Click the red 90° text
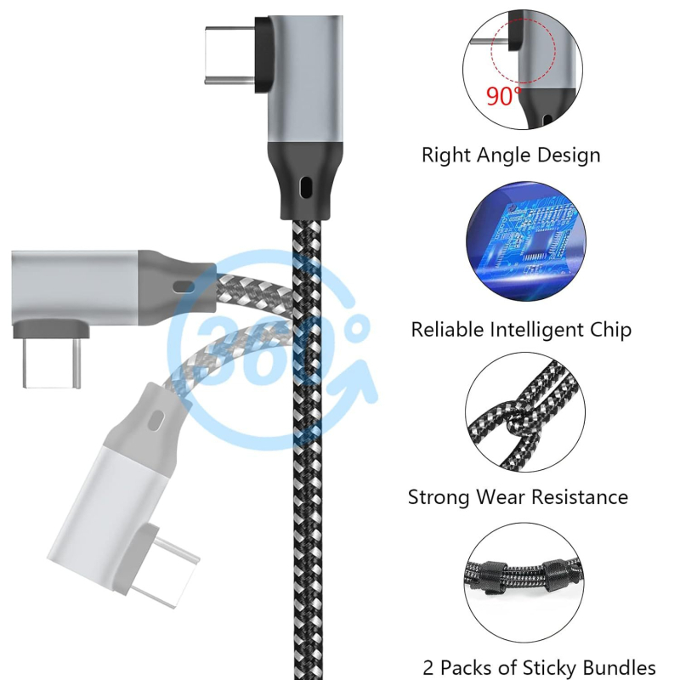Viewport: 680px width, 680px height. (504, 96)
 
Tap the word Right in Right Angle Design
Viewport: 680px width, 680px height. (445, 156)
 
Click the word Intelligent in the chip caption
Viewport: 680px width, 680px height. (536, 330)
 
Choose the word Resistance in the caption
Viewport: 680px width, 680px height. (580, 497)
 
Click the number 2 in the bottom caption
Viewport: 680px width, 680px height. (428, 668)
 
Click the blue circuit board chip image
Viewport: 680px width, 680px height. (526, 241)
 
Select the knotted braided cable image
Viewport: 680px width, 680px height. (525, 412)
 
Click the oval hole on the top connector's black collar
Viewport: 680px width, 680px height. (305, 187)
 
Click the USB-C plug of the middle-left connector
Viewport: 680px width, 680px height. (51, 364)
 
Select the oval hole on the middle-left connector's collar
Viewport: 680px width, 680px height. (183, 286)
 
